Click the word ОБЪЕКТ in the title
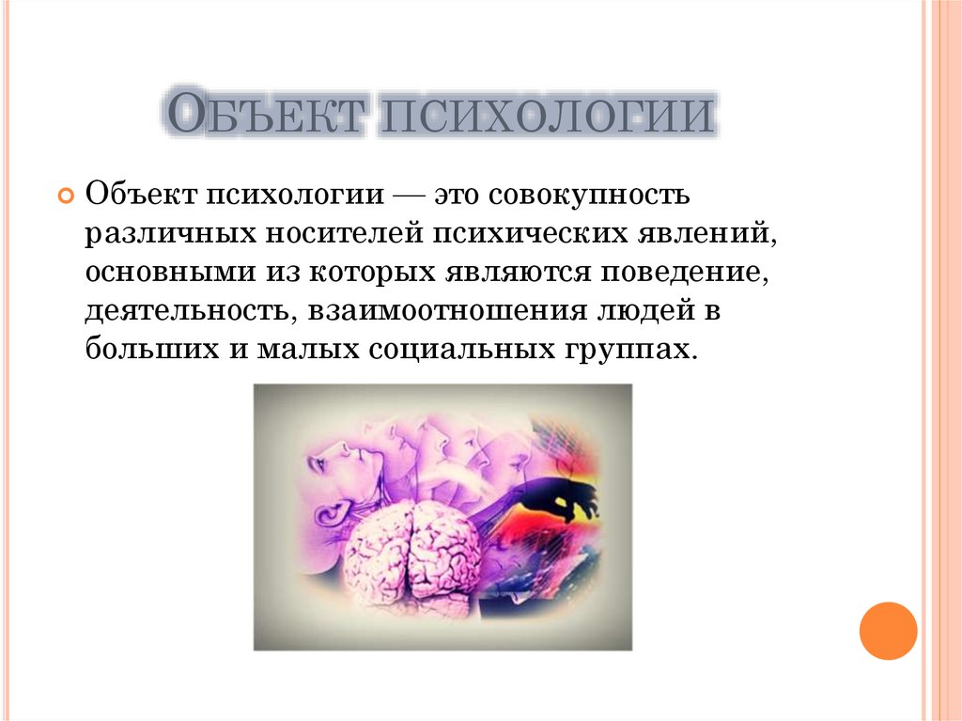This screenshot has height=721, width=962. (x=266, y=113)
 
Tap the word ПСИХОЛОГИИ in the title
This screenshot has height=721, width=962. (x=546, y=113)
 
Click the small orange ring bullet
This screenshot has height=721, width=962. (x=66, y=196)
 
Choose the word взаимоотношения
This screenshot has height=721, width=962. (x=447, y=311)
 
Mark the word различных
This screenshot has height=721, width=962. (x=170, y=235)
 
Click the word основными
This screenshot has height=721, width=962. (x=170, y=272)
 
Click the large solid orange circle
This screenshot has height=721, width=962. (x=888, y=631)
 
